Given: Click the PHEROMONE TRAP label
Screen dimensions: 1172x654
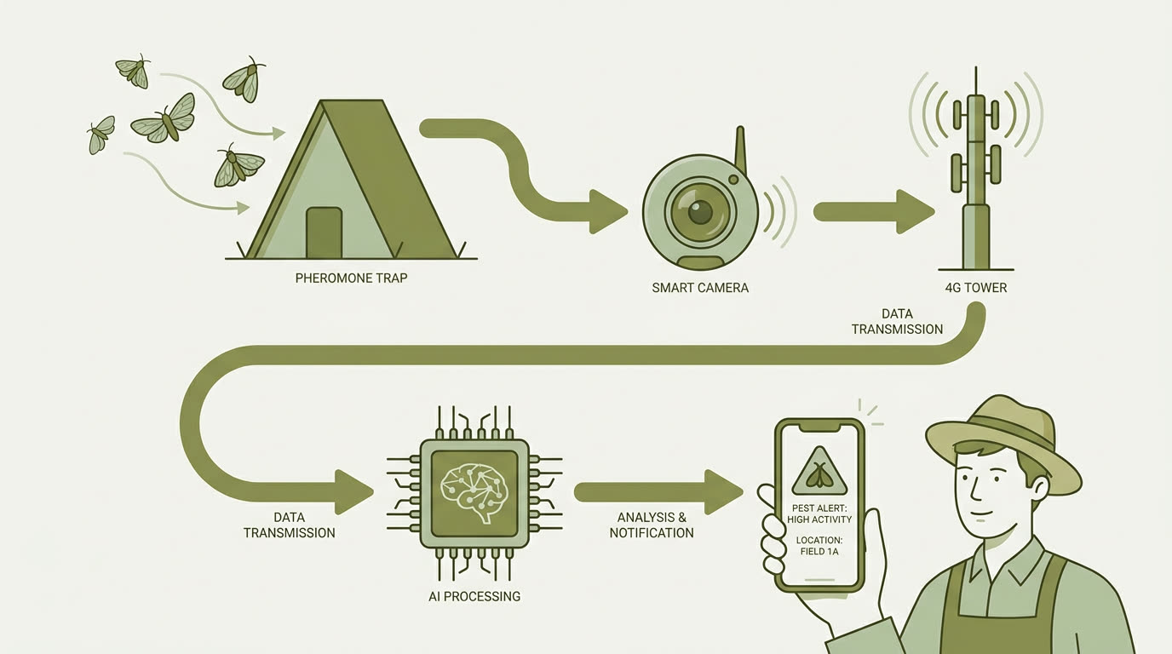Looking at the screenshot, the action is tap(351, 278).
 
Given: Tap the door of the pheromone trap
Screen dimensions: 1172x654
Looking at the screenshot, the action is tap(324, 232).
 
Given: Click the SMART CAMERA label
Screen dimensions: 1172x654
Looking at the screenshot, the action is tap(700, 288).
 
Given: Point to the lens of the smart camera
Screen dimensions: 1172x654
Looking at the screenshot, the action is tap(700, 211).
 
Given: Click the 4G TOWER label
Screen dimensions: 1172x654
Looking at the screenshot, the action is tap(976, 288).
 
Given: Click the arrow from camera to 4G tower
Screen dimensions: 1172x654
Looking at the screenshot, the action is tap(874, 212).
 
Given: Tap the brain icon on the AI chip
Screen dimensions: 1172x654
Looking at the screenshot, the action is tap(474, 492).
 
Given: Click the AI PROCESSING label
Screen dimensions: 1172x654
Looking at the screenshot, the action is tap(474, 596).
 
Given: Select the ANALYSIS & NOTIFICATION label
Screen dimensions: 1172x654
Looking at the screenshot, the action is tap(652, 525).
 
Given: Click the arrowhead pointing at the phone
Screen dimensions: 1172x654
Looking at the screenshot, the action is tap(724, 492).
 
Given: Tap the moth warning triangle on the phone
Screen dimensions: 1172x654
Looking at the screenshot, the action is tap(819, 472).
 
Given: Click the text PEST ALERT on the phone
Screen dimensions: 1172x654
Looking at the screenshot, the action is tap(819, 508).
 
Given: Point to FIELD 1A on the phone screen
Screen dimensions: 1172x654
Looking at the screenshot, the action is tap(819, 552).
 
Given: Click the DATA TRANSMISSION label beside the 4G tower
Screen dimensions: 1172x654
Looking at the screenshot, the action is tap(897, 321).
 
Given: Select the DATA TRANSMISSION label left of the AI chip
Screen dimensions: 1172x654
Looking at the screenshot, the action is tap(289, 525).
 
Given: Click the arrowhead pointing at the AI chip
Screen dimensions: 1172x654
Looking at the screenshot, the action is tap(354, 492).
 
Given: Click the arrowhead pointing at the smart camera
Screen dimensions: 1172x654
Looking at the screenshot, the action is tap(608, 212).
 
